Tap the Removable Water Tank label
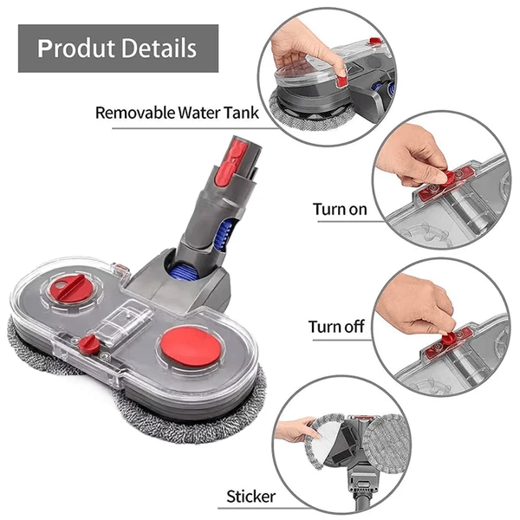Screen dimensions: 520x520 (x=172, y=112)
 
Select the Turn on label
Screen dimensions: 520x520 (x=339, y=209)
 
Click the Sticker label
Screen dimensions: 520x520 (x=250, y=497)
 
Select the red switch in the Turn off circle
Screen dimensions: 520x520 (x=452, y=335)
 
